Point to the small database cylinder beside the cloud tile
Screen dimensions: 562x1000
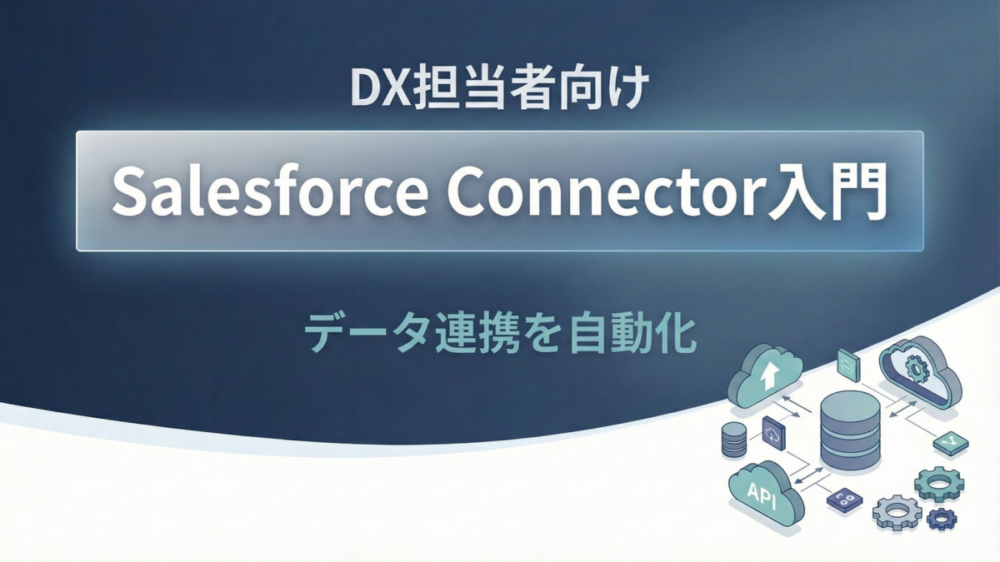733,439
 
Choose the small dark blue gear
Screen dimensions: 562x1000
942,519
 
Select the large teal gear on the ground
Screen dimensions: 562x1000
938,481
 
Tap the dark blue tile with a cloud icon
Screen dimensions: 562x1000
774,433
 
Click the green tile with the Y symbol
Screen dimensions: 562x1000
950,441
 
